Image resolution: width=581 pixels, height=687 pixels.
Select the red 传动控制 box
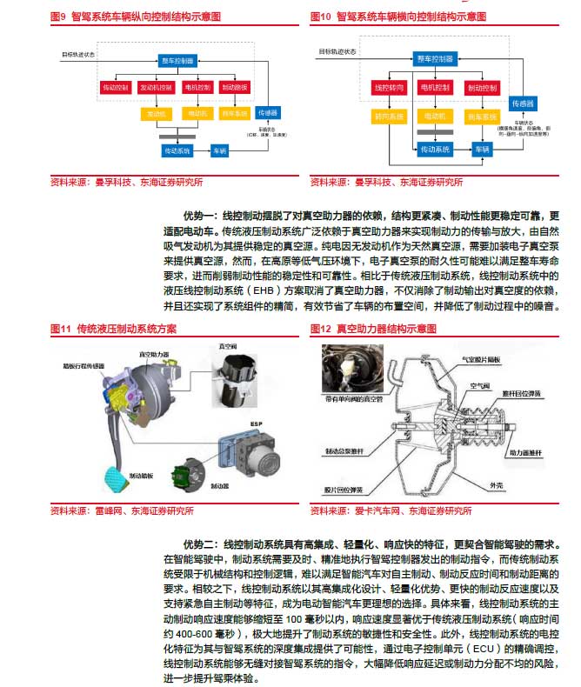pos(116,88)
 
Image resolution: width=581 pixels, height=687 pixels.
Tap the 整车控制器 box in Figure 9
pos(178,60)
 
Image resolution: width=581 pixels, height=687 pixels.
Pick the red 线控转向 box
pos(387,88)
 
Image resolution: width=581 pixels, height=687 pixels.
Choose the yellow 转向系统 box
pos(387,117)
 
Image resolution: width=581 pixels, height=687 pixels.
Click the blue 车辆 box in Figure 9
pos(221,150)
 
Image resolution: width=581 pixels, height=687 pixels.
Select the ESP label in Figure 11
pos(256,424)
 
